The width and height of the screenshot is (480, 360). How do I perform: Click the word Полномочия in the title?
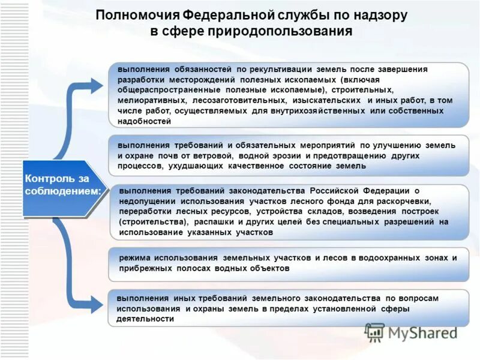click(x=128, y=15)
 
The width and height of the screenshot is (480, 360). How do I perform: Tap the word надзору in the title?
click(x=384, y=15)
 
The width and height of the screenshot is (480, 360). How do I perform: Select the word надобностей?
click(x=145, y=121)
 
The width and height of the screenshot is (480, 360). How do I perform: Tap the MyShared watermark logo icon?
click(x=374, y=332)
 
